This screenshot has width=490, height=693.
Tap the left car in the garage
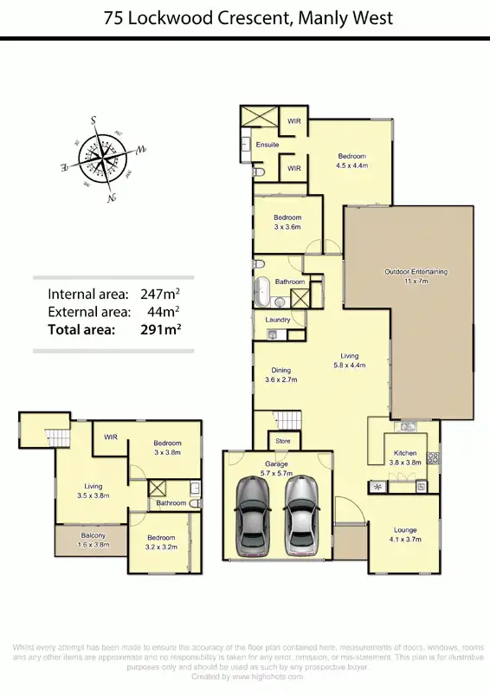click(252, 518)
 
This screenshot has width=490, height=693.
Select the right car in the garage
click(301, 518)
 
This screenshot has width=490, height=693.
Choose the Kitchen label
click(404, 453)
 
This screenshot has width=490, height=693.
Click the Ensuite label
click(268, 145)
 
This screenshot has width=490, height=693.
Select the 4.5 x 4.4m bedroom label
click(352, 160)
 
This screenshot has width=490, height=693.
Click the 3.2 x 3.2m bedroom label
click(160, 542)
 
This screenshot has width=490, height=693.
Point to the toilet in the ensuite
click(260, 172)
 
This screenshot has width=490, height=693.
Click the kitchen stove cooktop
click(433, 458)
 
